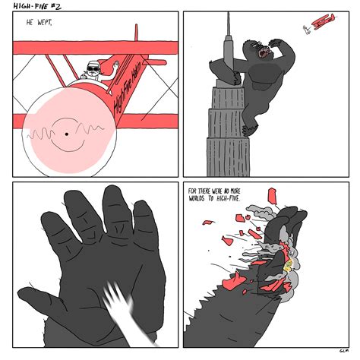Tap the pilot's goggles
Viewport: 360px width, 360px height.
[x=94, y=68]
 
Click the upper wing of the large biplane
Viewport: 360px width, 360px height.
[x=91, y=47]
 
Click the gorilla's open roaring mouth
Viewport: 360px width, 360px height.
[x=262, y=54]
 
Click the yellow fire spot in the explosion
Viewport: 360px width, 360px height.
[x=287, y=265]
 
